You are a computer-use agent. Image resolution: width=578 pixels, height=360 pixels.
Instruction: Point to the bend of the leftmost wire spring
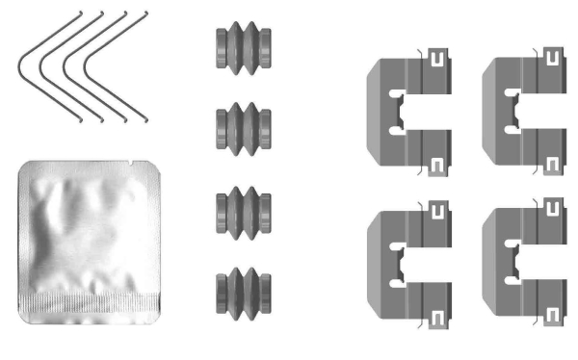(20, 65)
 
